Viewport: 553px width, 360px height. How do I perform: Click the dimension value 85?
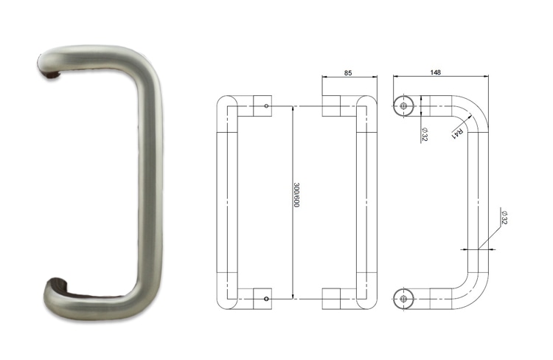(350, 72)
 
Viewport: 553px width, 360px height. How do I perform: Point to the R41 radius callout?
(458, 134)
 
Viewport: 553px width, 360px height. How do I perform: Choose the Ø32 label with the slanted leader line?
(504, 217)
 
